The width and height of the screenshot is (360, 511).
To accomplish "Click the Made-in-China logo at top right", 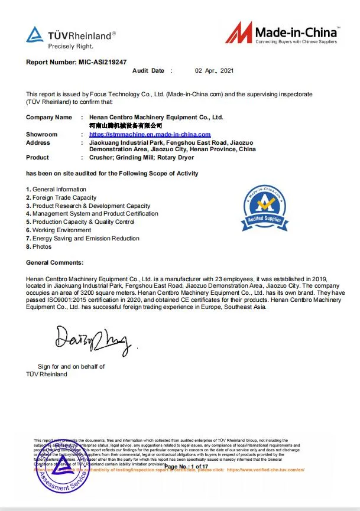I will click(281, 34).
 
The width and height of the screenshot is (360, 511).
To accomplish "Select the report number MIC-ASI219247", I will click(101, 61).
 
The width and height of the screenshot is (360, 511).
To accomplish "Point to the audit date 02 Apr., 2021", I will click(215, 71).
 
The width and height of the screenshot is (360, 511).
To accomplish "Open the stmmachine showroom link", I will click(145, 135).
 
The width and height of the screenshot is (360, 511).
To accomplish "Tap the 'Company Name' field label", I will click(49, 118).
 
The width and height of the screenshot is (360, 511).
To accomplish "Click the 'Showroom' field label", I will click(42, 135).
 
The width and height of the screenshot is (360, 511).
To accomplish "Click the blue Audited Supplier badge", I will click(264, 207).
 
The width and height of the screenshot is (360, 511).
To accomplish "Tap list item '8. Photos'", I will click(39, 246).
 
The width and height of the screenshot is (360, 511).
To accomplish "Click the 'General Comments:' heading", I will click(54, 262).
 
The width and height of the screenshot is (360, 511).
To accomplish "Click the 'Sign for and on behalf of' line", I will click(71, 367).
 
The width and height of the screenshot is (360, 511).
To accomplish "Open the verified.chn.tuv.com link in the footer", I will click(265, 470).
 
